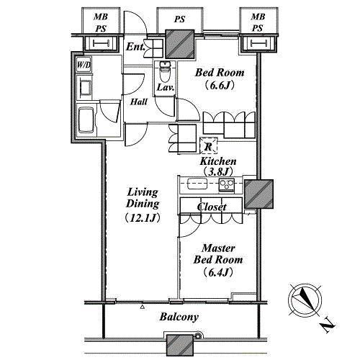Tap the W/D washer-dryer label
point(84,65)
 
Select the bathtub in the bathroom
point(86,120)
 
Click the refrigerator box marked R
point(209,145)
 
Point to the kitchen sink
point(197,184)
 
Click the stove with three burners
point(226,185)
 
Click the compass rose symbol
point(305,300)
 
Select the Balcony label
point(179,317)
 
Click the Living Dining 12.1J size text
point(143,218)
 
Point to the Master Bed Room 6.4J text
point(218,260)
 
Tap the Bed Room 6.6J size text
point(219,86)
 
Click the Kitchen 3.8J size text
point(218,171)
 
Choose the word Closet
point(212,207)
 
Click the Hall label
point(139,102)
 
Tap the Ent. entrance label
point(135,47)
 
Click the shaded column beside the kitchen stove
point(258,194)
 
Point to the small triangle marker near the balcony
point(143,307)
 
